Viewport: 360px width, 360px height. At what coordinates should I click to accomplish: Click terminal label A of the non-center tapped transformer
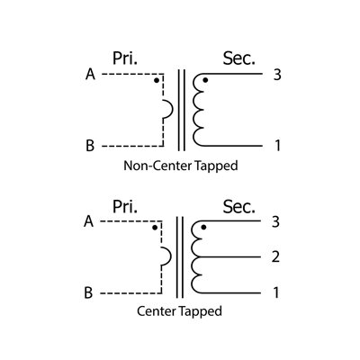90,74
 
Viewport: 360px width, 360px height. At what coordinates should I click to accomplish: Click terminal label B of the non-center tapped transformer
90,146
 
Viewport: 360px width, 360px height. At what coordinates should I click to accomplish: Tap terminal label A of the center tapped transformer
88,221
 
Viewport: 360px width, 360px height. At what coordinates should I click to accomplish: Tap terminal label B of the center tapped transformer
88,292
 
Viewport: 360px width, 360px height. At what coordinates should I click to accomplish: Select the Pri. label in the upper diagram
125,58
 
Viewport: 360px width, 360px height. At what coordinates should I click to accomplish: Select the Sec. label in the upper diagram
238,58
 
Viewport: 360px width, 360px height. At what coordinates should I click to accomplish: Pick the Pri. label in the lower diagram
125,206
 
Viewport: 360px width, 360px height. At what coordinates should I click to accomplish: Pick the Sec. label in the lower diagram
238,206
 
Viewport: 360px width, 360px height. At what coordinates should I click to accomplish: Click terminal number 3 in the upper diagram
277,75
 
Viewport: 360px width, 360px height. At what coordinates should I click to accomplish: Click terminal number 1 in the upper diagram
277,146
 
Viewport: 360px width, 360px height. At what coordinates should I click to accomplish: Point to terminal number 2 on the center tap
275,256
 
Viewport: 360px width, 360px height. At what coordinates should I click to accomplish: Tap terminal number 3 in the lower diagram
275,222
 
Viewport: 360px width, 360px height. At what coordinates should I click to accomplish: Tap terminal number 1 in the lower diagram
276,292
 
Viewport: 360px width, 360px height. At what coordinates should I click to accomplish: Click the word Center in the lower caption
156,311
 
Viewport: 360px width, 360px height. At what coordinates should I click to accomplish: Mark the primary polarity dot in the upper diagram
157,80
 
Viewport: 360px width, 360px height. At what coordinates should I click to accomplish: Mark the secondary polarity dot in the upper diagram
205,80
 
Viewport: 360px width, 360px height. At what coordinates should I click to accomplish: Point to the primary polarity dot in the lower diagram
155,228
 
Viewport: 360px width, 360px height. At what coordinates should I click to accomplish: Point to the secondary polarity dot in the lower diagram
203,227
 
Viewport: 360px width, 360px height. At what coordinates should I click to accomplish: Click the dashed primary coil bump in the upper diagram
173,109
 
